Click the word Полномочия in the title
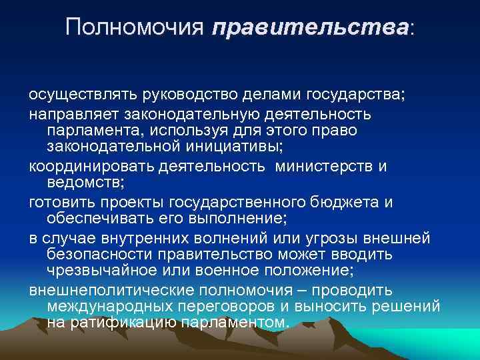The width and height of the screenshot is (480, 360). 135,27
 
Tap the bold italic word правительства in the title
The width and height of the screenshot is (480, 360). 310,27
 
